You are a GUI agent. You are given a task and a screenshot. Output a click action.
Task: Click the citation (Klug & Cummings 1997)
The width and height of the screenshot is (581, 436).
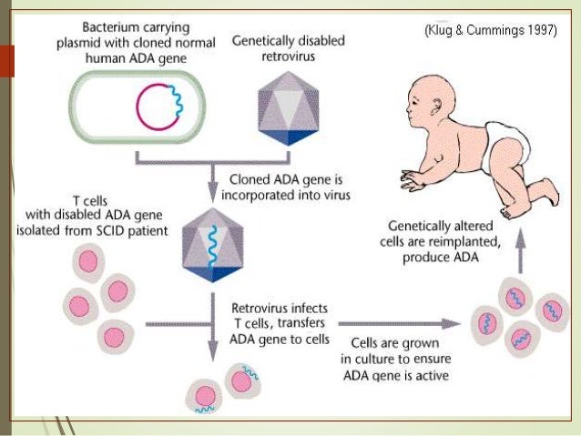491,30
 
